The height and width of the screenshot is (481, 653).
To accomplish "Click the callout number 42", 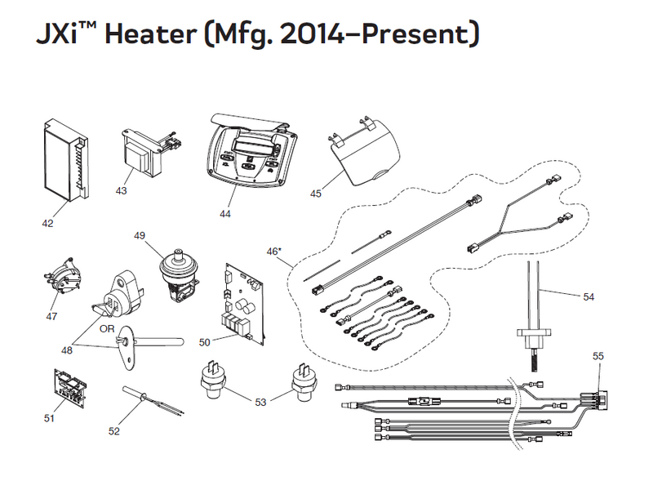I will coord(48,221).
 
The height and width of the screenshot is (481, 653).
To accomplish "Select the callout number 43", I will coord(120,191).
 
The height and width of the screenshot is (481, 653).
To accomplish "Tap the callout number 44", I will coord(225,215).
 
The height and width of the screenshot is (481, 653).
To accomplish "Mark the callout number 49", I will coord(139,236).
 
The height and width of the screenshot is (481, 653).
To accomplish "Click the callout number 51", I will coord(47,418).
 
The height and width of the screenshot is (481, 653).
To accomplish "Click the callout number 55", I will coord(597,357).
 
